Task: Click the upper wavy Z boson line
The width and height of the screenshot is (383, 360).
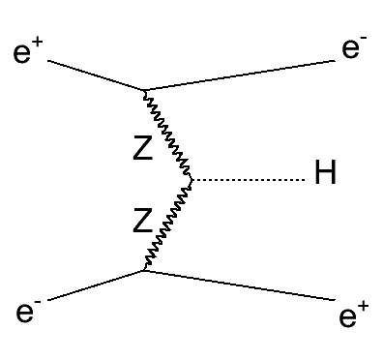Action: pyautogui.click(x=168, y=135)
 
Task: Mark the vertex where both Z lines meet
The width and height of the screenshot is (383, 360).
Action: pyautogui.click(x=191, y=179)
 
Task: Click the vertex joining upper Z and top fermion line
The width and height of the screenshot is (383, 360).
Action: pyautogui.click(x=145, y=91)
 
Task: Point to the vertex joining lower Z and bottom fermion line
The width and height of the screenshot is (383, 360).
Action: pyautogui.click(x=144, y=270)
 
